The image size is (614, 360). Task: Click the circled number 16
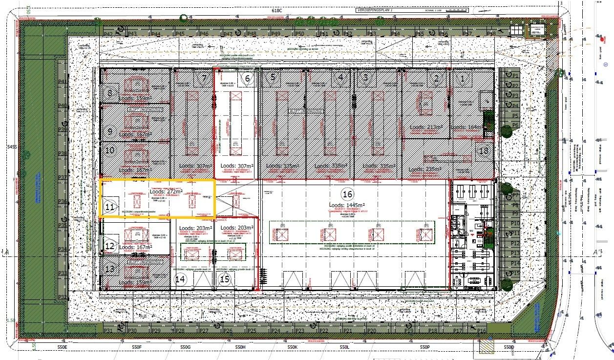click(x=347, y=193)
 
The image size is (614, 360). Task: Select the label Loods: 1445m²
click(x=347, y=205)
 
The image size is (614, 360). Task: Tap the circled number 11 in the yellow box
click(x=110, y=207)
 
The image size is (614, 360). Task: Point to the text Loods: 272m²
click(x=166, y=192)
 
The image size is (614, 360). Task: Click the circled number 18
click(x=484, y=151)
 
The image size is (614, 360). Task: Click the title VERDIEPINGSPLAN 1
click(x=375, y=9)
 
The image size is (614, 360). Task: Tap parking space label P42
click(x=108, y=34)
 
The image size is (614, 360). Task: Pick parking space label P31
click(x=108, y=331)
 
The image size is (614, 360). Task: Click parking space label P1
click(x=514, y=75)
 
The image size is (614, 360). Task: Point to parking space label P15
click(x=514, y=273)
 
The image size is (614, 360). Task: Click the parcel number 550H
click(x=240, y=347)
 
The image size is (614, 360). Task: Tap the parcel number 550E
click(x=62, y=347)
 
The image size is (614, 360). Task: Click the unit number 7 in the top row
click(x=204, y=78)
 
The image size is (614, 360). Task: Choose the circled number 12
click(x=110, y=246)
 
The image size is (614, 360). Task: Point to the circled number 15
click(x=225, y=279)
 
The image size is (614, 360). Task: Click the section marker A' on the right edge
click(x=596, y=252)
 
